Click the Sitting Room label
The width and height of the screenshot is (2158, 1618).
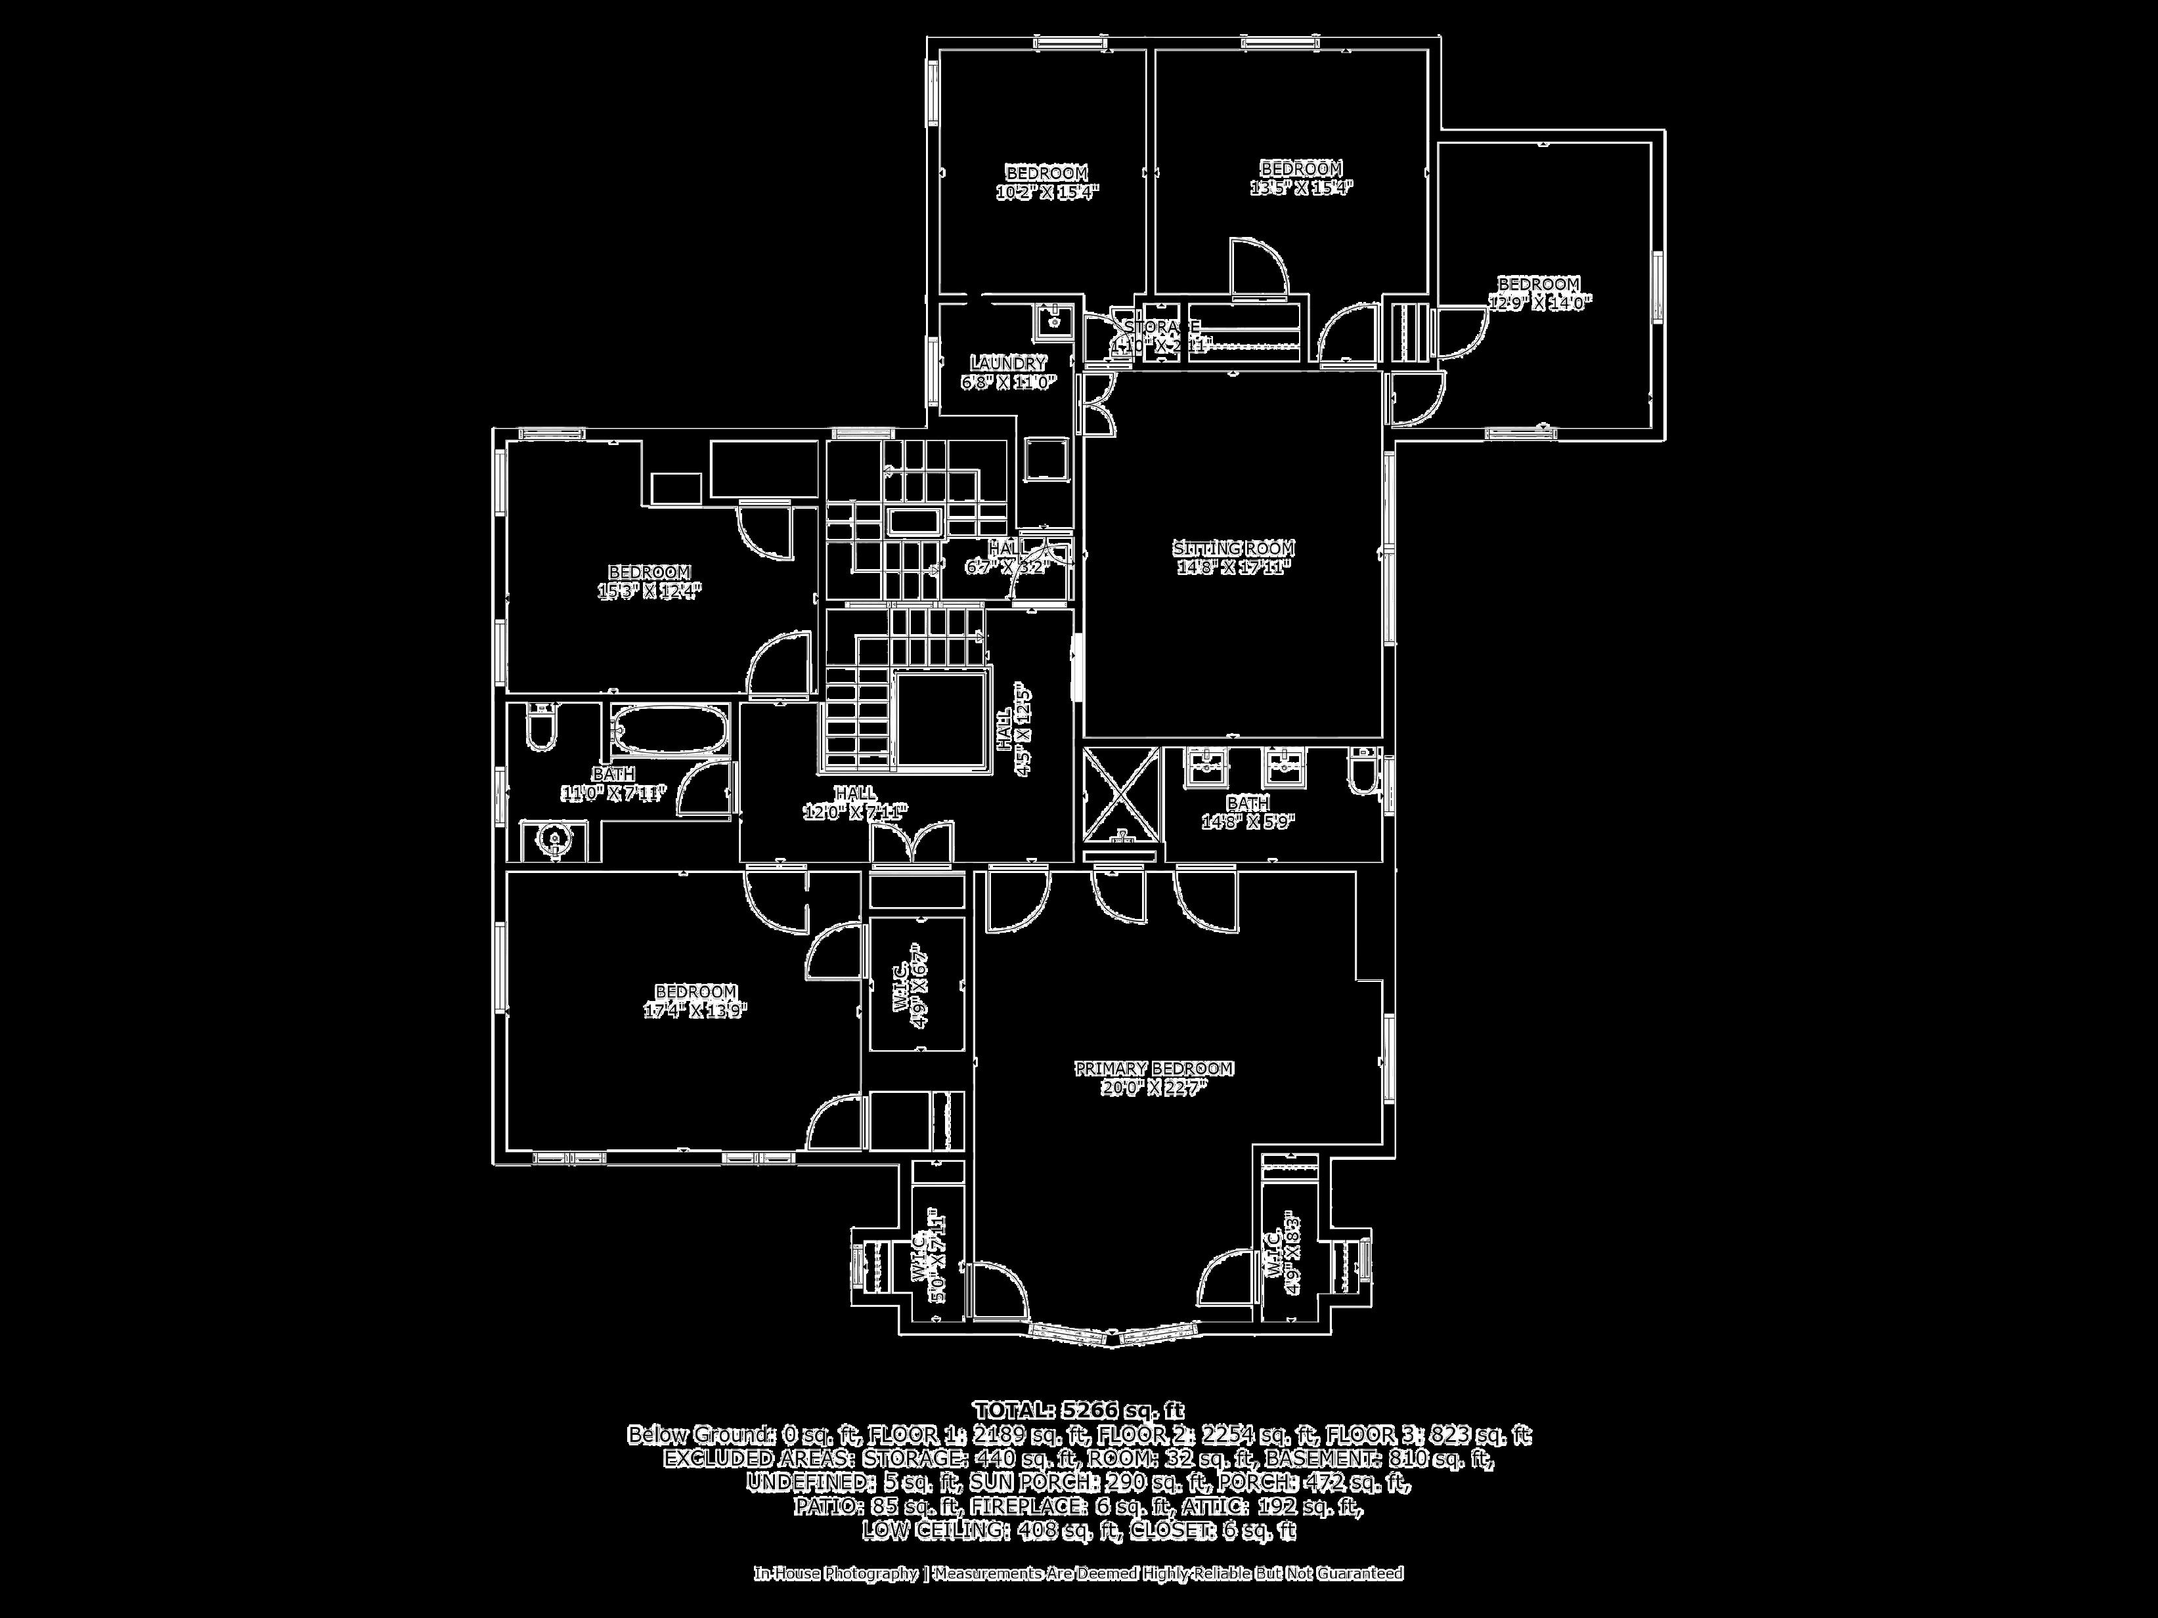[x=1233, y=549]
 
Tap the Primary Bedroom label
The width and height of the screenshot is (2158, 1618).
[x=1154, y=1069]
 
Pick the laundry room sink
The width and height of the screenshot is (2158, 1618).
[x=1053, y=318]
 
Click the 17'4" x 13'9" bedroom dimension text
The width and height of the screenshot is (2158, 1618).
[x=695, y=1011]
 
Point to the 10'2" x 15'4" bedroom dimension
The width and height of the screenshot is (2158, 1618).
[x=1047, y=192]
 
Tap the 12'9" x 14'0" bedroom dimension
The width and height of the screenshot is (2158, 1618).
[x=1539, y=303]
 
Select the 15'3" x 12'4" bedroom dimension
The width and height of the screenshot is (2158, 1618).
[x=649, y=591]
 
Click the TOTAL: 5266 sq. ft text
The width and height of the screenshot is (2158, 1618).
[x=1078, y=1411]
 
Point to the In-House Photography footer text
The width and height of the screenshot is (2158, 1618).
[x=1078, y=1573]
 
